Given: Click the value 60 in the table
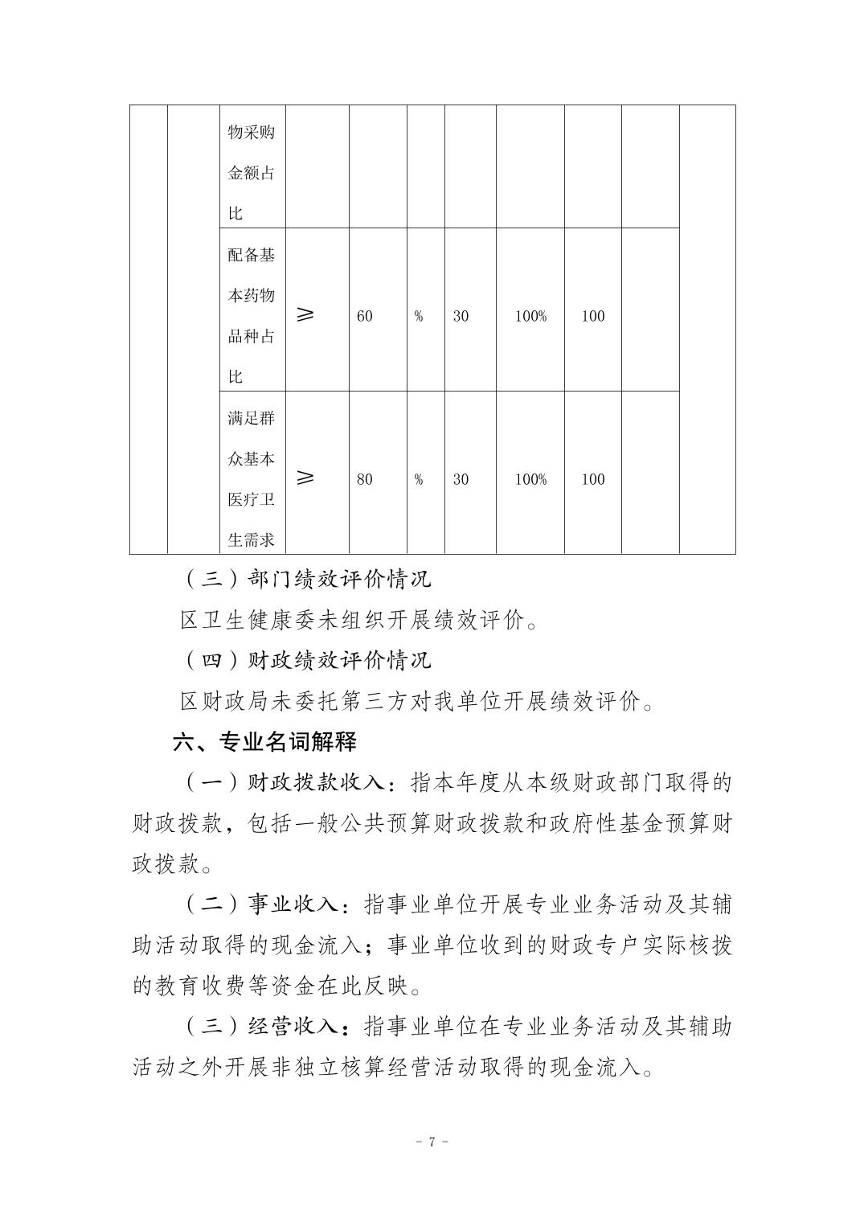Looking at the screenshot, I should (x=365, y=316).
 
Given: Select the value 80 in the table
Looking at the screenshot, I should (x=365, y=479).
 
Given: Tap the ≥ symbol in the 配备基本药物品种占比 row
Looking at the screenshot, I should (x=305, y=315).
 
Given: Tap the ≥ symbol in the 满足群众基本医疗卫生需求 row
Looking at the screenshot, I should (x=305, y=478).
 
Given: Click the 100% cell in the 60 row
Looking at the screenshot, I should (x=530, y=316).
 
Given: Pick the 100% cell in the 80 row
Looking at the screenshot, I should (x=530, y=479).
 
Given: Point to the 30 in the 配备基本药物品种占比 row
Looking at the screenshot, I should (x=461, y=316).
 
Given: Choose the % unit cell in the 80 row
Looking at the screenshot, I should (x=419, y=479).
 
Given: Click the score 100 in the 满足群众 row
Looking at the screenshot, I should (x=593, y=479).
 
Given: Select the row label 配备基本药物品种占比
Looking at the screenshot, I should (x=252, y=315).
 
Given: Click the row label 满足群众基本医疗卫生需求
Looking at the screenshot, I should (x=252, y=478).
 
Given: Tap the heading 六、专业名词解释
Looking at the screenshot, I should (x=264, y=741).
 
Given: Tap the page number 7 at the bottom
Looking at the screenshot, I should (x=432, y=1142).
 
